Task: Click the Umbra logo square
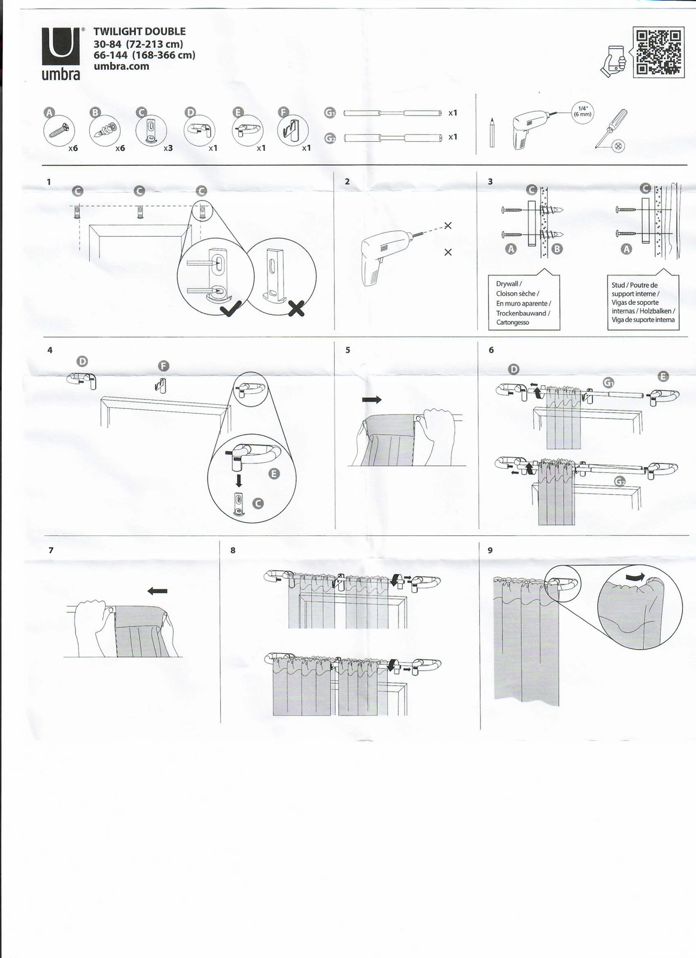(60, 47)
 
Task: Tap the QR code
(658, 52)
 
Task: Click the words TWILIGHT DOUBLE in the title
(139, 32)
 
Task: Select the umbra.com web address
(121, 66)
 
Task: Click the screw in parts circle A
(59, 130)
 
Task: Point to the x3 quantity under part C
(168, 148)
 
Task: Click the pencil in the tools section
(492, 132)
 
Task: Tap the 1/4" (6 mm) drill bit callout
(582, 111)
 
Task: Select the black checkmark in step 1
(230, 308)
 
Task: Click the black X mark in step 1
(296, 308)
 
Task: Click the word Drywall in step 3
(507, 284)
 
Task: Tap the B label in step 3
(557, 249)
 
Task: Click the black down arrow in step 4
(239, 480)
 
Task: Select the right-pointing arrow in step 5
(372, 399)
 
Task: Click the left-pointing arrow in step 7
(157, 591)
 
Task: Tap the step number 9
(490, 550)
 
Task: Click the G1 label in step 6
(609, 383)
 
